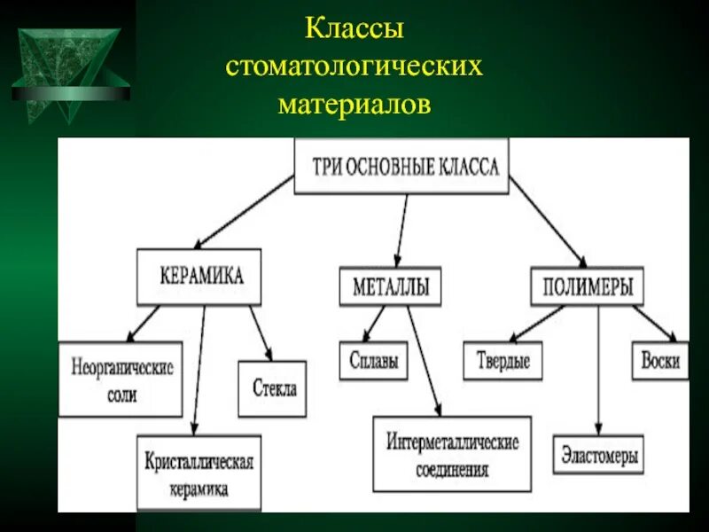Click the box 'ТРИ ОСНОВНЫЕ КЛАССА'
[x=401, y=167]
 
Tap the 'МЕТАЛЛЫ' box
[x=390, y=286]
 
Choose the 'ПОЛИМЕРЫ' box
[x=587, y=286]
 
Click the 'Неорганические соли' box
[x=121, y=379]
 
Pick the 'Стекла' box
[x=273, y=388]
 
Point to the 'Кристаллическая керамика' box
[x=199, y=473]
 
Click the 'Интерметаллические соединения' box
[x=452, y=454]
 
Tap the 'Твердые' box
[x=503, y=361]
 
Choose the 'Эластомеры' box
[x=597, y=457]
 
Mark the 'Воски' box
[x=660, y=361]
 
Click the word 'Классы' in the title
[x=354, y=29]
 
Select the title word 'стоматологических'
[x=354, y=67]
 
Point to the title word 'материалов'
[x=354, y=105]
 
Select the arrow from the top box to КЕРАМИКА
[x=244, y=210]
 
